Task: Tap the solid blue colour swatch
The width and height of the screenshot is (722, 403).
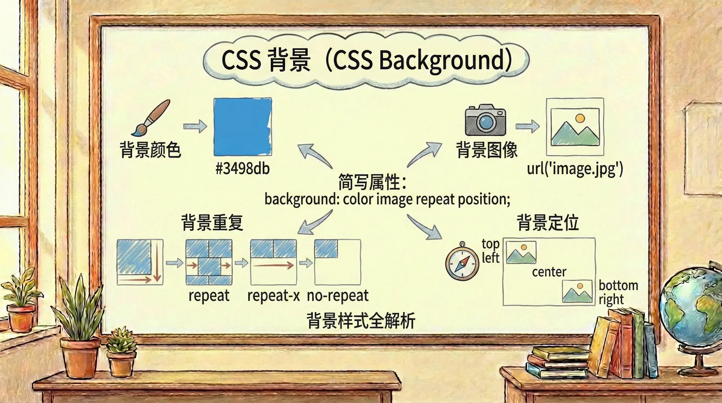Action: coord(243,127)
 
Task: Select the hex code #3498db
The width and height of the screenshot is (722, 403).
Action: coord(243,168)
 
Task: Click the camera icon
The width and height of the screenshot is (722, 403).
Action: coord(485,120)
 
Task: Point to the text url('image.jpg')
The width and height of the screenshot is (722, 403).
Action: coord(575,168)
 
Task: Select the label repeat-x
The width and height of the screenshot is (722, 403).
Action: coord(273,296)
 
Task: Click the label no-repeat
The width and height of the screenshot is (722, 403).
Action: coord(338,296)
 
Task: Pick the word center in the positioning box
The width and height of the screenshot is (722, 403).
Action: coord(549,272)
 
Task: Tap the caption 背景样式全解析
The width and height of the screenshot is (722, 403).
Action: coord(361,321)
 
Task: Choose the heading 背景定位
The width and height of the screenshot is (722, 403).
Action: coord(548,223)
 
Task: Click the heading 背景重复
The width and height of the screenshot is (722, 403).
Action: coord(212,223)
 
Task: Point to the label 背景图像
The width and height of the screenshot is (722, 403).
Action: coord(487,150)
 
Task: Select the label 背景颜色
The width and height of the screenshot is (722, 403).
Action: coord(150,150)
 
